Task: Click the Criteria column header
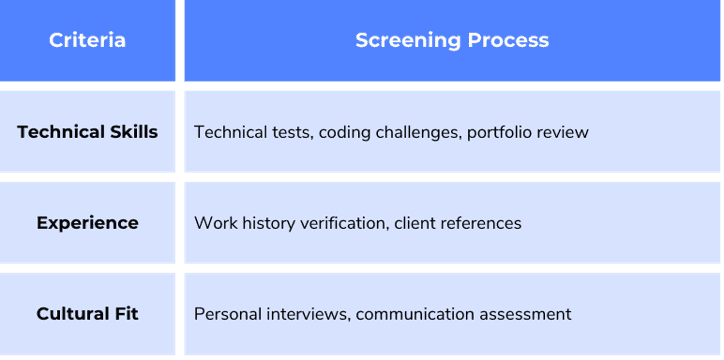(x=87, y=40)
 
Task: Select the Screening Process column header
(x=452, y=40)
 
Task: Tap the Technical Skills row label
(x=87, y=132)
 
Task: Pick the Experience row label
(x=87, y=223)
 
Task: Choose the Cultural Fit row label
(x=87, y=314)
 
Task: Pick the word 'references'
(x=481, y=223)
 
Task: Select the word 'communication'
(x=417, y=314)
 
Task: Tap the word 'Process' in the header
(x=507, y=40)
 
